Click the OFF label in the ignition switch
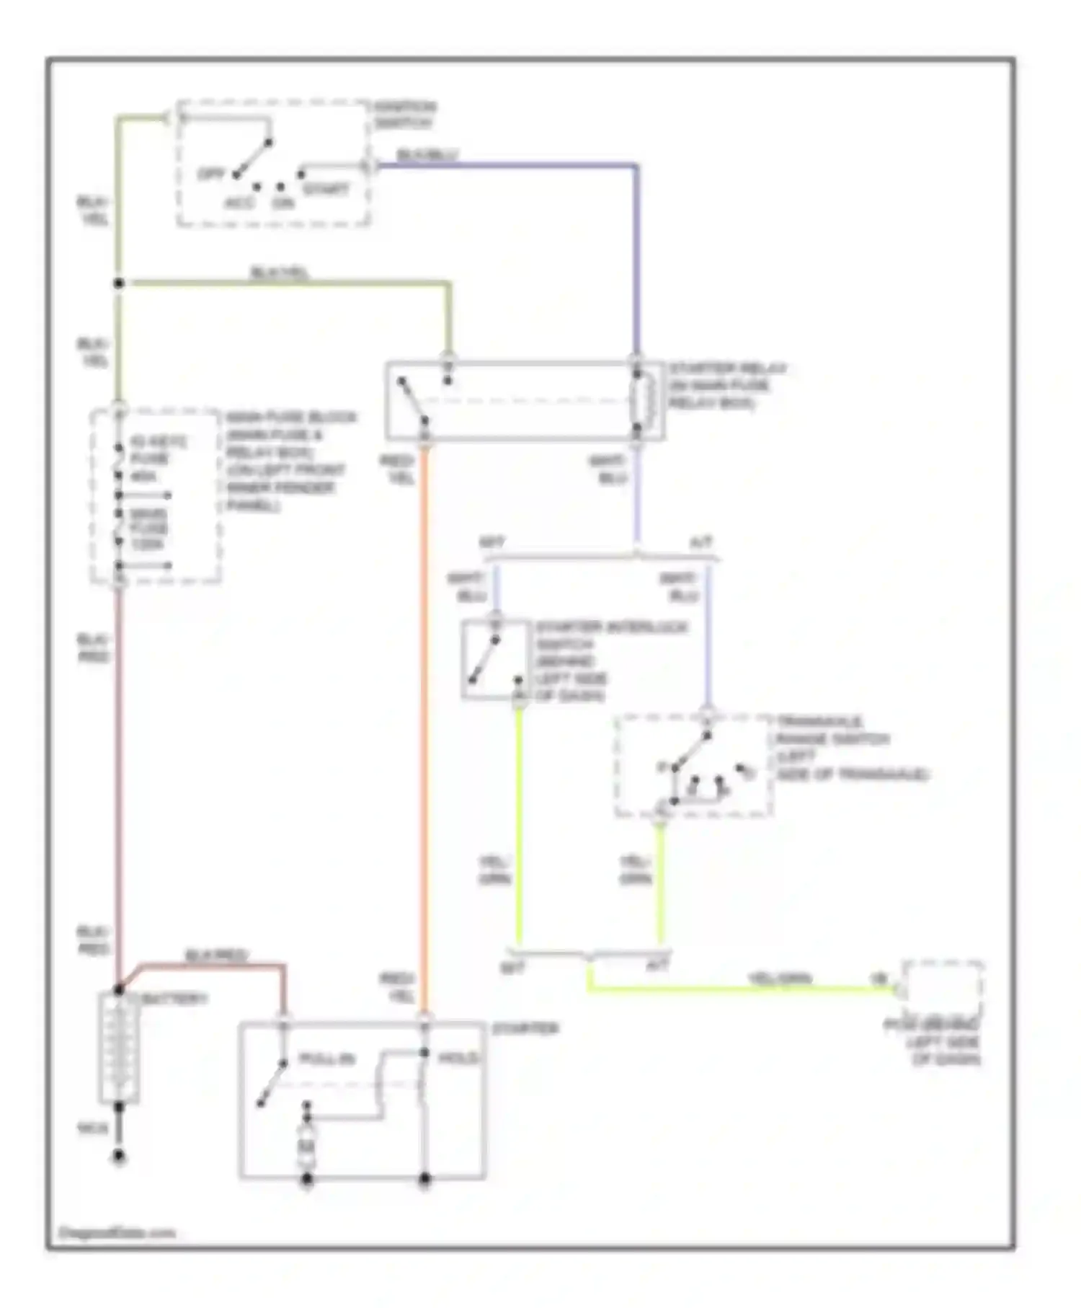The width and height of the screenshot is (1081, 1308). (211, 174)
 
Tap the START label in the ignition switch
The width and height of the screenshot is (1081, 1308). (326, 190)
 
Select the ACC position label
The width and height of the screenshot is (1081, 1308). (239, 203)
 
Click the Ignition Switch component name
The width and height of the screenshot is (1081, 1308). (405, 115)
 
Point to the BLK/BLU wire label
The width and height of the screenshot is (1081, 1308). (427, 155)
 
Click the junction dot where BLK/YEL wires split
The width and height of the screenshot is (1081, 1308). (119, 283)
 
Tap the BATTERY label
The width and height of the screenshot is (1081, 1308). (174, 999)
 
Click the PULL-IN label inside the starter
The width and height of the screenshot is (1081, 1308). (327, 1060)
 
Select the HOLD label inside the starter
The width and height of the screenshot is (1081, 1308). (459, 1059)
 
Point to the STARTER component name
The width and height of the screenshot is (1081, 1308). (525, 1029)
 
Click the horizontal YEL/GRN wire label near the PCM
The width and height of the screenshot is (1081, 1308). (780, 978)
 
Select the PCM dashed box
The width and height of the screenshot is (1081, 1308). (943, 989)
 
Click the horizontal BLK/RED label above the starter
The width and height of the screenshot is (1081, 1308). (216, 956)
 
